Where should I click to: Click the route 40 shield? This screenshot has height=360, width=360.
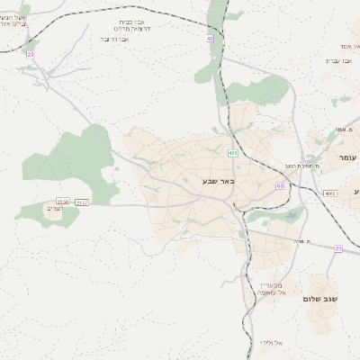point(210,40)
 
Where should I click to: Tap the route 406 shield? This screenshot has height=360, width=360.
point(233,154)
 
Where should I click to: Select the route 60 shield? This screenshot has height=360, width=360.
point(280,186)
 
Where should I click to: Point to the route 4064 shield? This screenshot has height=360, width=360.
point(330,193)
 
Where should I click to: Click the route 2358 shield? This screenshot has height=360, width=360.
point(63,202)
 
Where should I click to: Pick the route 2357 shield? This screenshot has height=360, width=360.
point(81,202)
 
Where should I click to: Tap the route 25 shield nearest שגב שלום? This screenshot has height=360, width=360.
point(338,248)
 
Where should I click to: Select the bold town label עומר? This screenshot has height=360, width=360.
point(347,157)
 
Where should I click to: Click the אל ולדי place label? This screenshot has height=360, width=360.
point(270,343)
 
